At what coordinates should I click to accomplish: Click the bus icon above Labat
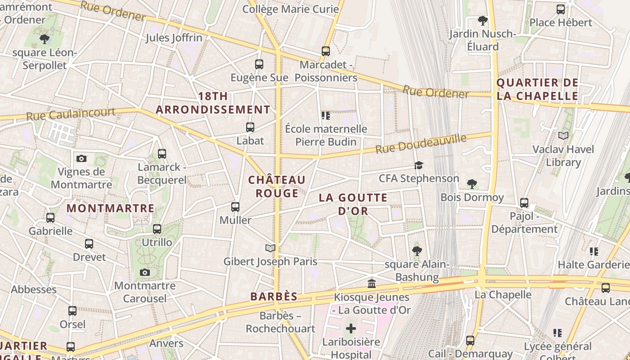[250, 127]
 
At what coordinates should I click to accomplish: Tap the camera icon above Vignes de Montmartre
[81, 158]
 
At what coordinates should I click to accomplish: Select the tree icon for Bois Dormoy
[472, 184]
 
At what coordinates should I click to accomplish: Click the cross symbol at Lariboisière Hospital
[351, 328]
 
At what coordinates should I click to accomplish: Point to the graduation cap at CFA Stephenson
[418, 165]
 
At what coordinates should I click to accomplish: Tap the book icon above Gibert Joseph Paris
[270, 248]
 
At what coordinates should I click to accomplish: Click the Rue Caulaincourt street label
[71, 114]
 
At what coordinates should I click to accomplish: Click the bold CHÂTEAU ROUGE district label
[277, 186]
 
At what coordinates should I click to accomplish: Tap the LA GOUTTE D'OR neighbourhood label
[353, 204]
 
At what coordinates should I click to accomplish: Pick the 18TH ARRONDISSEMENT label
[213, 103]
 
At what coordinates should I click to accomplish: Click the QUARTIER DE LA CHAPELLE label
[537, 89]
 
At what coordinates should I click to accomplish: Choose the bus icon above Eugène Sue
[259, 64]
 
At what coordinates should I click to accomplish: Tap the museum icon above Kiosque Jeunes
[372, 283]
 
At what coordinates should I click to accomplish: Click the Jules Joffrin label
[174, 38]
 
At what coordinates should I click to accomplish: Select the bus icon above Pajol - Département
[524, 203]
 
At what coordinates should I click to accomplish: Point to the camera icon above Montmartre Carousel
[144, 272]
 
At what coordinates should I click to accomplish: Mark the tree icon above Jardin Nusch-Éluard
[482, 21]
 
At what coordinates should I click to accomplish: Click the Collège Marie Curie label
[290, 9]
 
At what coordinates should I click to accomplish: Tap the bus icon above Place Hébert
[560, 9]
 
